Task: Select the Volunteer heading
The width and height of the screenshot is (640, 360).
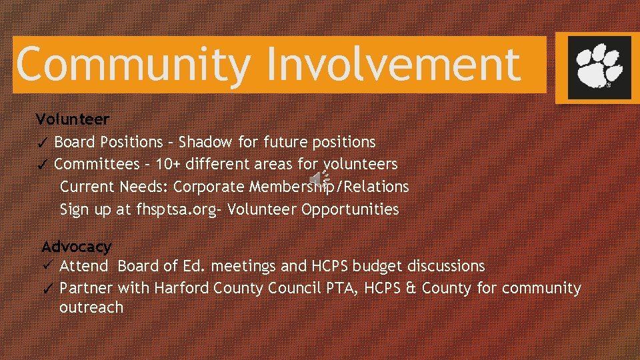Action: [x=72, y=119]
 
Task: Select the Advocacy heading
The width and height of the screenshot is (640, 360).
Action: [x=76, y=247]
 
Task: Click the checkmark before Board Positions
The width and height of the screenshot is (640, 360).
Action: [x=42, y=143]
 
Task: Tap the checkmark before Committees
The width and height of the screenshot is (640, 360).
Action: [x=42, y=165]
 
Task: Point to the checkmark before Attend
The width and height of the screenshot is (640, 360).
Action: [x=47, y=266]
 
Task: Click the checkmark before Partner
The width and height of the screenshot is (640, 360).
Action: [x=47, y=289]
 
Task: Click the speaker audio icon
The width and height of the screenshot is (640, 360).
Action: [x=321, y=178]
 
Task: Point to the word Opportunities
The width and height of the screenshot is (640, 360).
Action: [x=350, y=209]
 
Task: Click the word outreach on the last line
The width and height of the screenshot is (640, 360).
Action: [x=91, y=307]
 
